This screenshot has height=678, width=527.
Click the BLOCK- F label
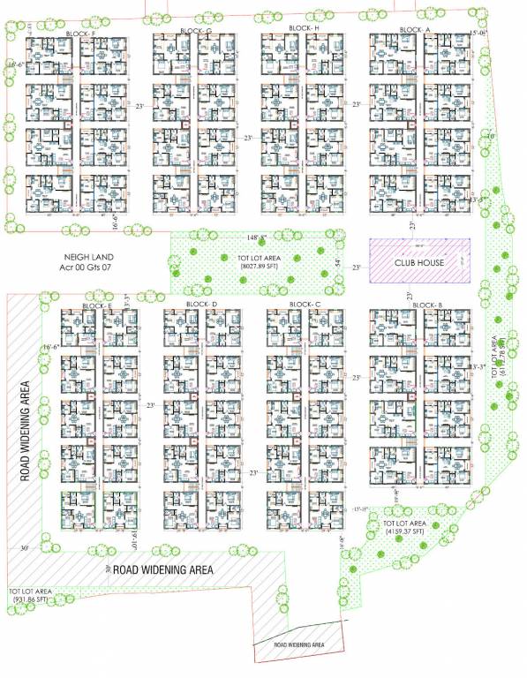80,34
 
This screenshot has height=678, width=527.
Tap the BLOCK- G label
196,31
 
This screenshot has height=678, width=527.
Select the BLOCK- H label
304,28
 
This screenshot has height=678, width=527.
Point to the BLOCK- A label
415,29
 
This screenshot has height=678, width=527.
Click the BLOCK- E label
97,305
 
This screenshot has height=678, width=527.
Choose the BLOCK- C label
305,305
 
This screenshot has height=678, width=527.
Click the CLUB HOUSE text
418,263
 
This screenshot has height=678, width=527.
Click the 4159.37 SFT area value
405,533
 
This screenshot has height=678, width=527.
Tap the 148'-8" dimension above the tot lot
257,237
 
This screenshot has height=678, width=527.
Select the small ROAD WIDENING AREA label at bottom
299,644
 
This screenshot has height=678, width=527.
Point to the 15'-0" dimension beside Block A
478,33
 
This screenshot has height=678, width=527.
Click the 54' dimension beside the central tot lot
337,262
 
